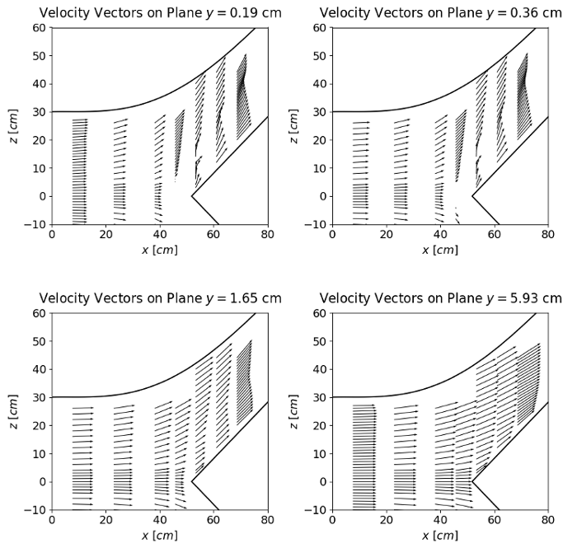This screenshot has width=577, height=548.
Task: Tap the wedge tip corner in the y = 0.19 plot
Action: [191, 196]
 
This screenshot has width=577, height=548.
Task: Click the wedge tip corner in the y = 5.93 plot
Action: [471, 481]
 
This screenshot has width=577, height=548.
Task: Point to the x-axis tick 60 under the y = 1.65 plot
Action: [213, 521]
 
